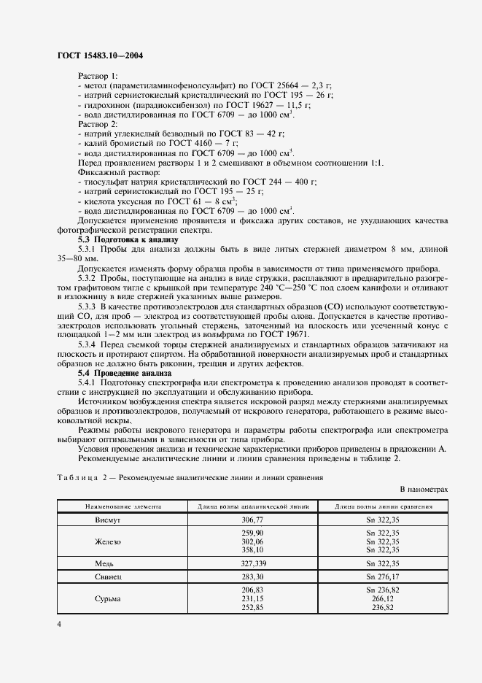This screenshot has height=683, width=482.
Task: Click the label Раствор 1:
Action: click(97, 76)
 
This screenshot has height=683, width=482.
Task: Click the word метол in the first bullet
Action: click(95, 85)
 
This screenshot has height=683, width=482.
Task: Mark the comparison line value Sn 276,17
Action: click(383, 576)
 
